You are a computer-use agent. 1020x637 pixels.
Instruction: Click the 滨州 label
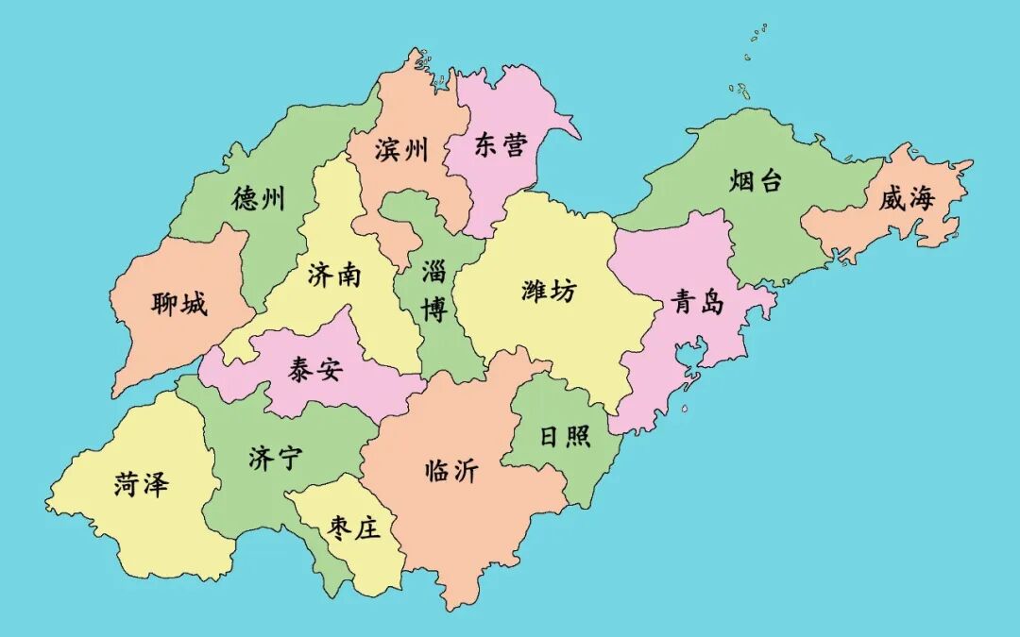[401, 149]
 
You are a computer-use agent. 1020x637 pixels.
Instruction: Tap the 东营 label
[501, 144]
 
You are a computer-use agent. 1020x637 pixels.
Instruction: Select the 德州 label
[258, 198]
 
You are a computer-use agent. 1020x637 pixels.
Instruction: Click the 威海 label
[906, 199]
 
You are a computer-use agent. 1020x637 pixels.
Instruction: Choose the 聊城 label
[178, 304]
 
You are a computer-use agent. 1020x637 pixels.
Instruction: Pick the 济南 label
[334, 275]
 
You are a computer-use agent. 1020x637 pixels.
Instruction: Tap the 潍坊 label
[548, 291]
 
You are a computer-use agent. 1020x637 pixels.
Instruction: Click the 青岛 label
[698, 302]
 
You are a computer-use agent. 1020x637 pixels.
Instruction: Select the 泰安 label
[315, 370]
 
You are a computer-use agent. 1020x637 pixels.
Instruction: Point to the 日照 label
[565, 436]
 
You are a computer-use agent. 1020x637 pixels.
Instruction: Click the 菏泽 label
[142, 485]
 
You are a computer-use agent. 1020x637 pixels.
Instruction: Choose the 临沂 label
[451, 471]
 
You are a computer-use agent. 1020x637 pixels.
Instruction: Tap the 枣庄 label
[354, 528]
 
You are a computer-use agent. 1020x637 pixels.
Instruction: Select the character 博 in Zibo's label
[434, 310]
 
